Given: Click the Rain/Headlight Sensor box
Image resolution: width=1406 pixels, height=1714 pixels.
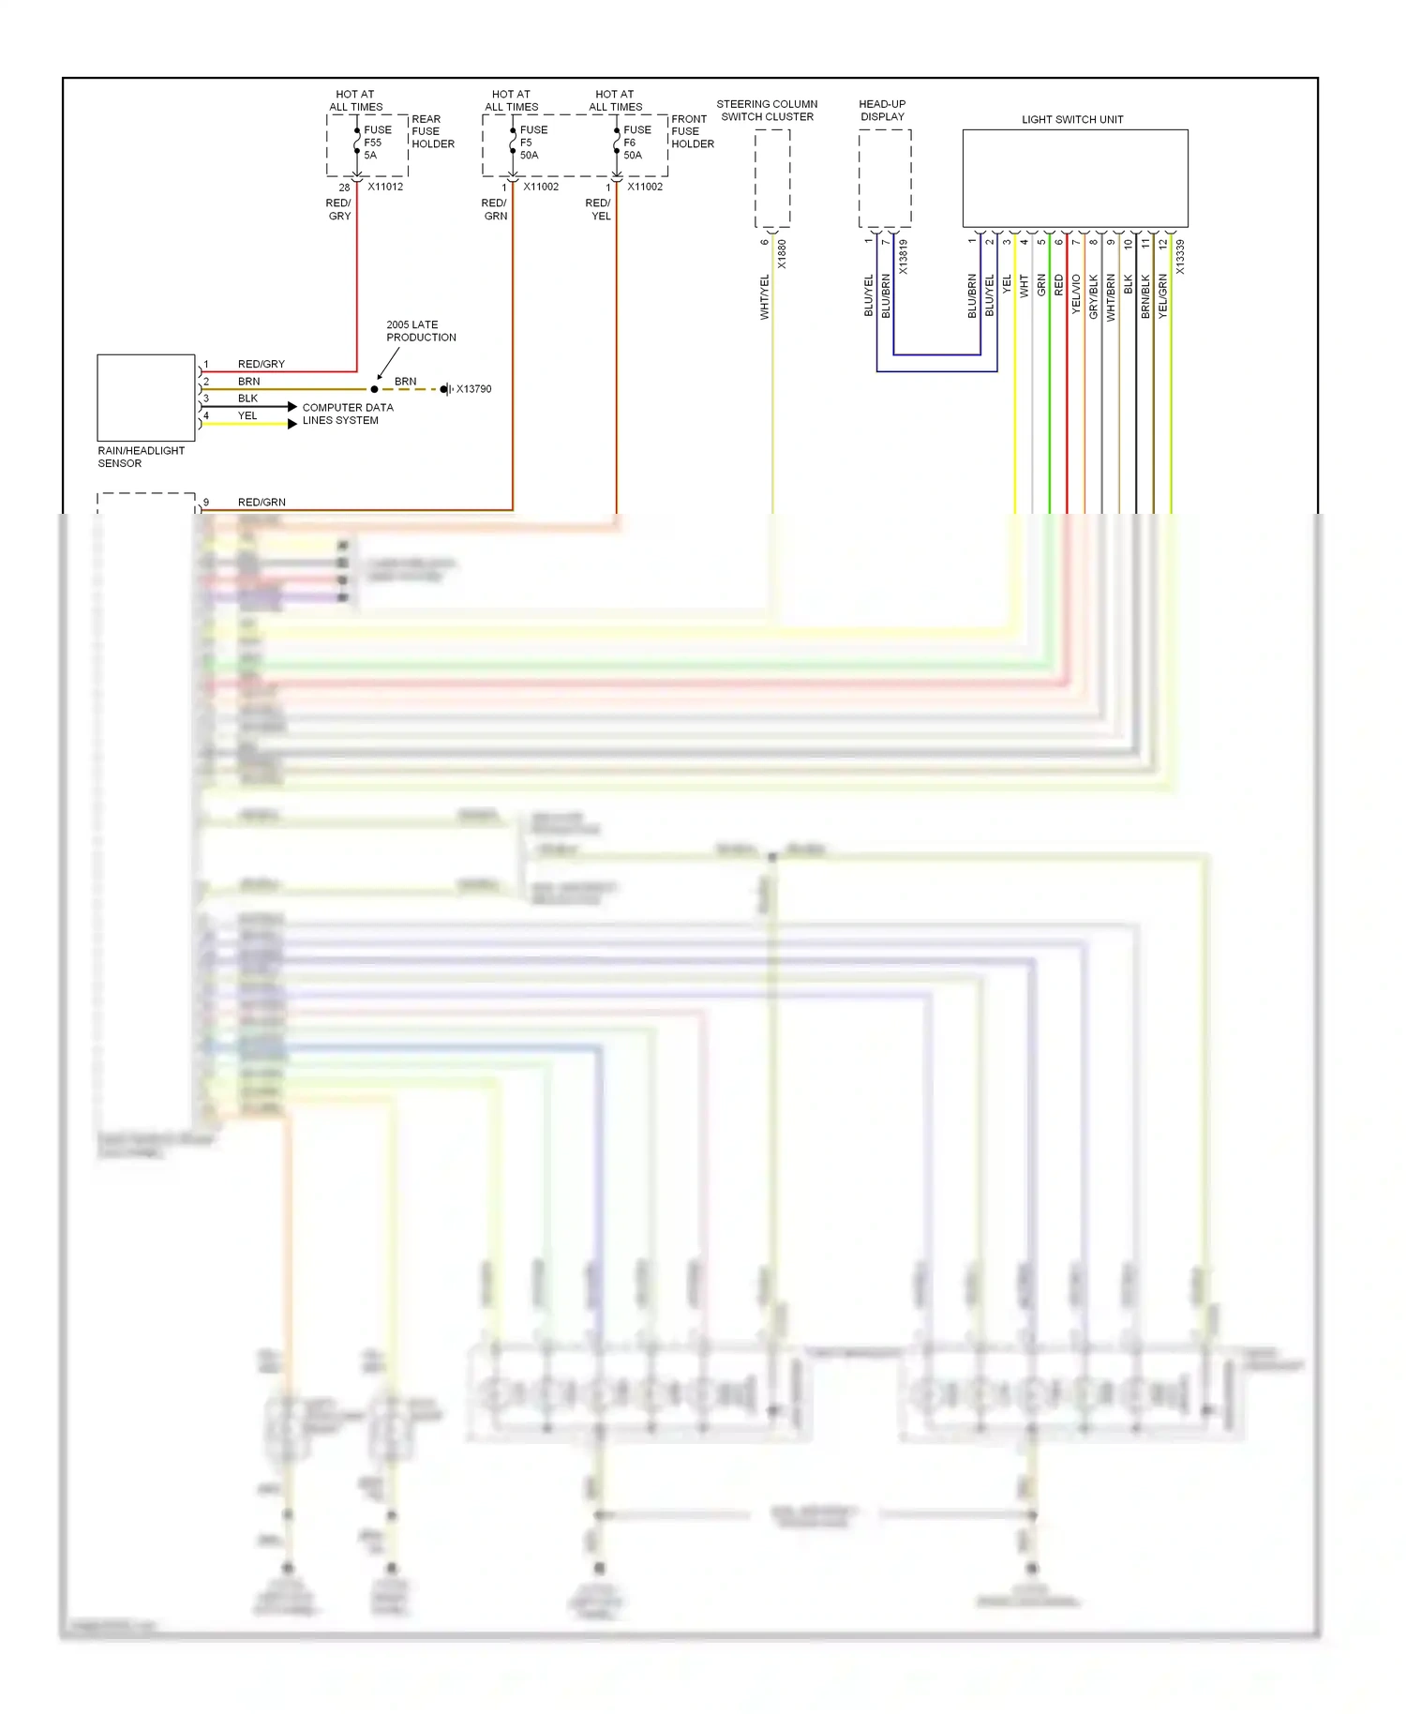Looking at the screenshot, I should (x=145, y=398).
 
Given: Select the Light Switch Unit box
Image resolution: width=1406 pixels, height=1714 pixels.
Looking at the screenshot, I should (x=1074, y=178).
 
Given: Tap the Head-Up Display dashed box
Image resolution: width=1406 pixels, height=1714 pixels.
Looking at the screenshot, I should (x=884, y=178).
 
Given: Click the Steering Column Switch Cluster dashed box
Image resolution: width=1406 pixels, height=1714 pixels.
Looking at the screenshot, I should (x=772, y=178).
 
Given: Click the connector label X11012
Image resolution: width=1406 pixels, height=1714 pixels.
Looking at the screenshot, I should (x=385, y=187).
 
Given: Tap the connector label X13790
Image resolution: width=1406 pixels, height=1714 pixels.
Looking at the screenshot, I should (x=473, y=389).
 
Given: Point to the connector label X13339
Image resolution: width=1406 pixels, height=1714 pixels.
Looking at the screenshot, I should (x=1180, y=257).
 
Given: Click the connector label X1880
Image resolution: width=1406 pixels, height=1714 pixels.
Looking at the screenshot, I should (x=782, y=255).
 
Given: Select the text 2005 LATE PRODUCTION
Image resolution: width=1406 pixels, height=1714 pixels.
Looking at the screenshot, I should (x=421, y=331).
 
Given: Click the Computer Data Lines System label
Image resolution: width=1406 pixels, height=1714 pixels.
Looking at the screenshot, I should (x=348, y=413).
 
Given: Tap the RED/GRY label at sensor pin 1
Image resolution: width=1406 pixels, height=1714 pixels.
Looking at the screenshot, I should (x=261, y=364).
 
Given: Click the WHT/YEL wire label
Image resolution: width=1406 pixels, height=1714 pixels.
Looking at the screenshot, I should (x=764, y=297).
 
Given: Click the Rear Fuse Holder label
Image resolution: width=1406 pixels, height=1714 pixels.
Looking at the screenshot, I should (x=432, y=131).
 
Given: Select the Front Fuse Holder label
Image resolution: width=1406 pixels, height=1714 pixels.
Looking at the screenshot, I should (x=692, y=131).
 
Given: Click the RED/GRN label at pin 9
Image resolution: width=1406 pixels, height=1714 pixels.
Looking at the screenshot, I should (x=262, y=503).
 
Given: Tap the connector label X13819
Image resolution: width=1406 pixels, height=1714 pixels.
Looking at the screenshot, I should (x=904, y=257).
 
